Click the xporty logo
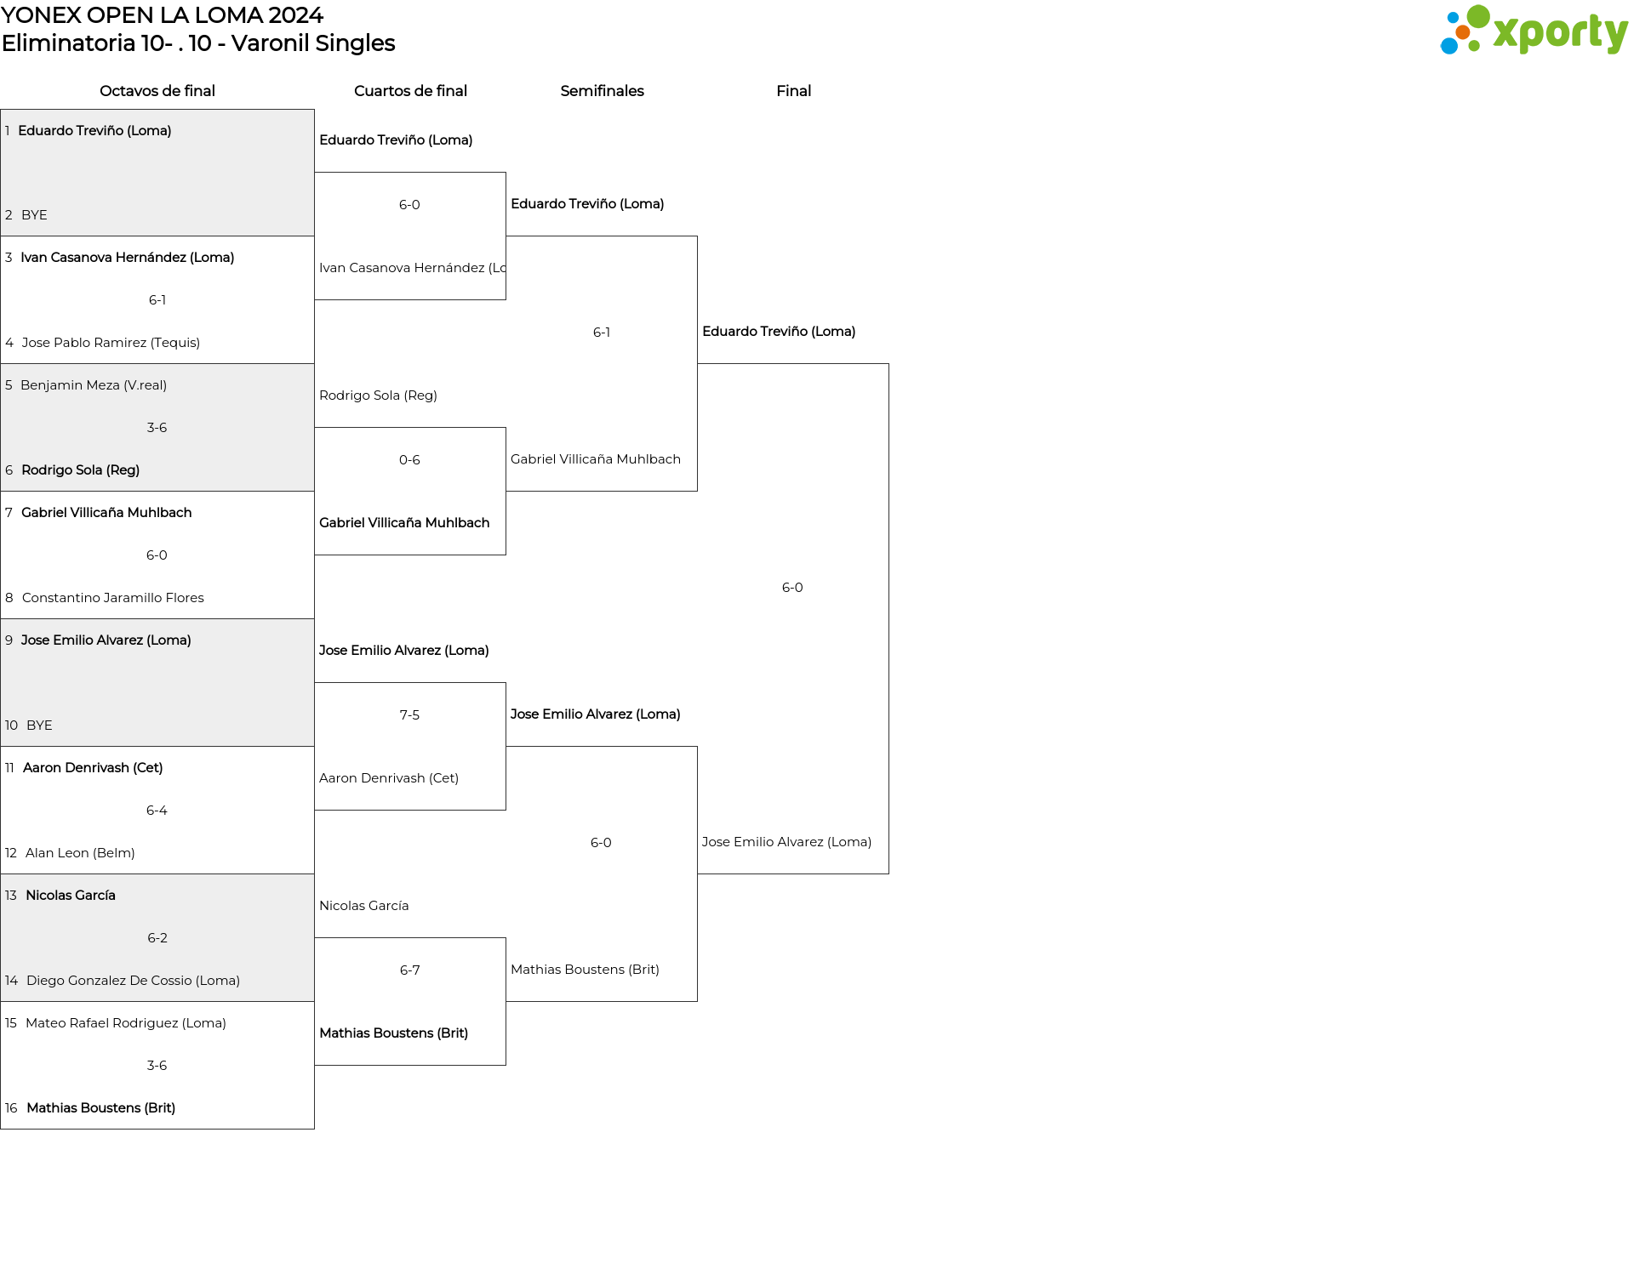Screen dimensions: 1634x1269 click(1534, 30)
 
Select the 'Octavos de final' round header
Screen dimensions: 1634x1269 click(157, 91)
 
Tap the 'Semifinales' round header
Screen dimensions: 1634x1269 click(602, 91)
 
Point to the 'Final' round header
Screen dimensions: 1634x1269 click(793, 91)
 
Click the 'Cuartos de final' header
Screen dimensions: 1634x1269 click(410, 91)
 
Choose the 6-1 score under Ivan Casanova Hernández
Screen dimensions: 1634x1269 click(157, 300)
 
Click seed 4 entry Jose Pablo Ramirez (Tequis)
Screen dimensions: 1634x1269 click(111, 343)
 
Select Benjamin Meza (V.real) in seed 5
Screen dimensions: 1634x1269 click(94, 385)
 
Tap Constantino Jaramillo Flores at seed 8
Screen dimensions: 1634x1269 click(113, 598)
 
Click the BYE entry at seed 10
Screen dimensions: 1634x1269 click(39, 726)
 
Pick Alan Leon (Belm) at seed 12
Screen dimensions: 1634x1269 click(80, 853)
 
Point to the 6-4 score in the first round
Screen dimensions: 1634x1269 click(157, 811)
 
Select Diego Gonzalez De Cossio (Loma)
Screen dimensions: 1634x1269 click(133, 981)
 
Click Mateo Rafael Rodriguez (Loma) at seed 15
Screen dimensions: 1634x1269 click(126, 1023)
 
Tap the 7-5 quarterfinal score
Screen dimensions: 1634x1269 click(409, 715)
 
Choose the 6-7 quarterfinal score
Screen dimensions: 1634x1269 click(409, 970)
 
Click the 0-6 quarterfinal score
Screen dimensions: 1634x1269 click(409, 460)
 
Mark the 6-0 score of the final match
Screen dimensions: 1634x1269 click(792, 588)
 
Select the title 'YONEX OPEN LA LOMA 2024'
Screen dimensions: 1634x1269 click(162, 15)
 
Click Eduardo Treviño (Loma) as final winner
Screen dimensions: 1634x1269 click(779, 332)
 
